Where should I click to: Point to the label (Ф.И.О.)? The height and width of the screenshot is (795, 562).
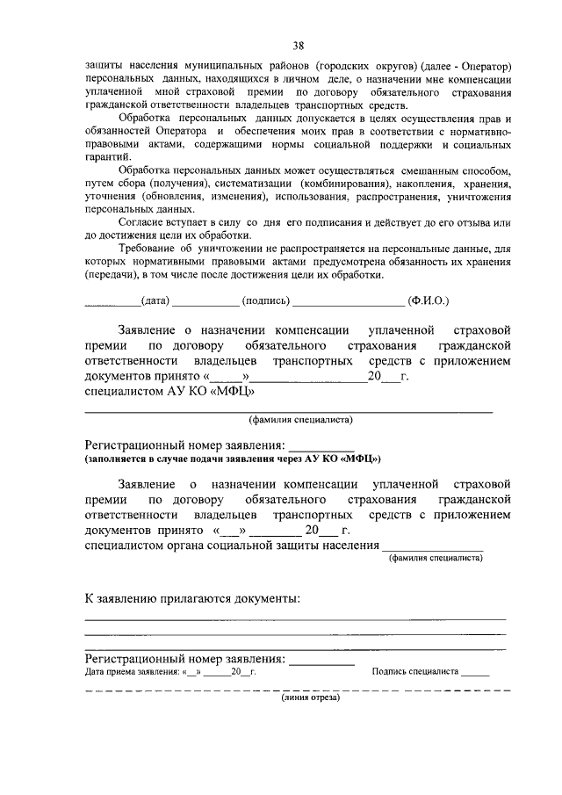point(428,300)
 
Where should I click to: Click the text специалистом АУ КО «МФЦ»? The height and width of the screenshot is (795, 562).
point(162,391)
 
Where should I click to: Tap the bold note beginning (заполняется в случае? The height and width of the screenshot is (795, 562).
point(233,459)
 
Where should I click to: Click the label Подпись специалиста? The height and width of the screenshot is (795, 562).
point(415,671)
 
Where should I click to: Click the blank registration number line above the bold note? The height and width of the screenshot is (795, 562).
point(321,445)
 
